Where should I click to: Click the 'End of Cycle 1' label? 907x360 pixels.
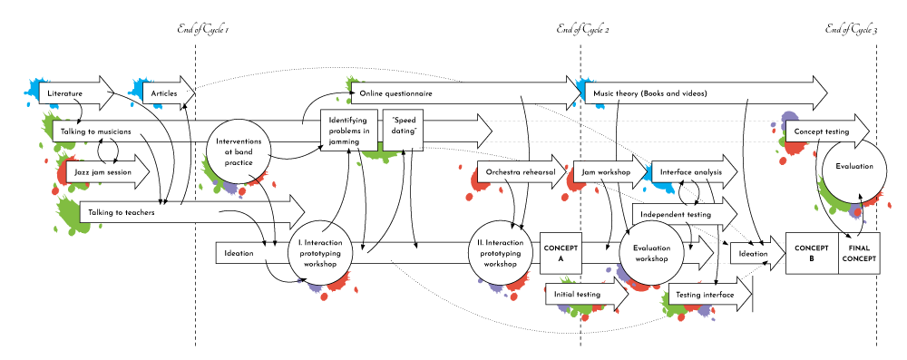(x=201, y=30)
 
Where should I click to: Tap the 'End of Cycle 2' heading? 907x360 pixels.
(x=582, y=30)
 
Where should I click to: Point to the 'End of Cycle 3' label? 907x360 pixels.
(x=851, y=30)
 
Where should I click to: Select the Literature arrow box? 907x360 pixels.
(x=68, y=93)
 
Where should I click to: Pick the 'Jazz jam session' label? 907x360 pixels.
(x=103, y=171)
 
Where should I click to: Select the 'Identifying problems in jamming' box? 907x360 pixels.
(x=349, y=131)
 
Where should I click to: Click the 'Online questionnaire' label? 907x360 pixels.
(x=395, y=93)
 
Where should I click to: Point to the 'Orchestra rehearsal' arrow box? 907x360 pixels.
(x=520, y=171)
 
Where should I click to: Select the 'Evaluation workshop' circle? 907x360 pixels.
(x=650, y=253)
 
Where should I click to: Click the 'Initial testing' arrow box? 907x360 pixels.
(x=578, y=294)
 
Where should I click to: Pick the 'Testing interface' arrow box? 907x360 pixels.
(x=706, y=294)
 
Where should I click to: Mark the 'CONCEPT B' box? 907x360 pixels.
(x=812, y=253)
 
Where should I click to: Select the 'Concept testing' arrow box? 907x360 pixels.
(x=822, y=131)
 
